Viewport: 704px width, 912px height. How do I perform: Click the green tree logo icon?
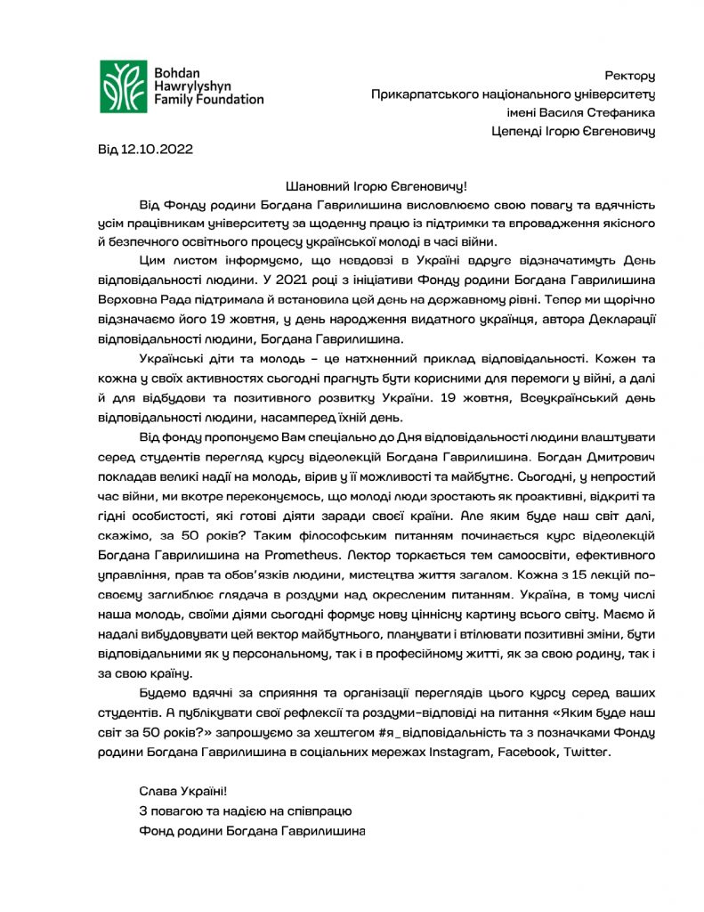[124, 85]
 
